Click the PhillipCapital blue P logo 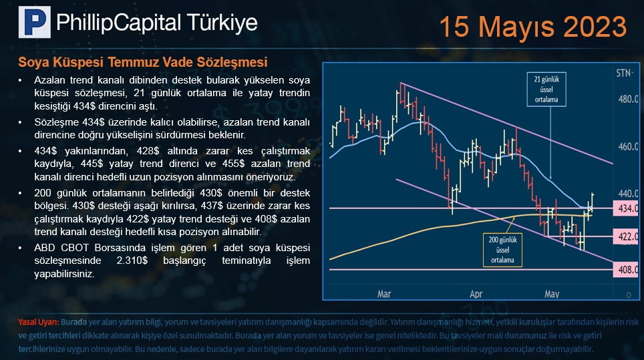point(35,22)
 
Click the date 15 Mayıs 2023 point(533,27)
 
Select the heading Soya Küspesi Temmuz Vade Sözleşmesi point(143,62)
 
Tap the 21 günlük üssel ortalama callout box point(546,89)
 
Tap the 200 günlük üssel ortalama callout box point(502,250)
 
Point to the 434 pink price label point(626,208)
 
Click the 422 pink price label point(626,237)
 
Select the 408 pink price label point(626,270)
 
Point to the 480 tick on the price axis point(628,100)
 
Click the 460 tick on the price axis point(628,146)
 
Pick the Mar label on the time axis point(384,294)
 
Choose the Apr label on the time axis point(476,294)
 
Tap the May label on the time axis point(552,294)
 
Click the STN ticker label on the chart point(624,73)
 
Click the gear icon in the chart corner point(629,295)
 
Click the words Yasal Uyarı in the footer point(39,322)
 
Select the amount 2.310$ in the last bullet point(132,260)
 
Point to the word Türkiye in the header point(222,23)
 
